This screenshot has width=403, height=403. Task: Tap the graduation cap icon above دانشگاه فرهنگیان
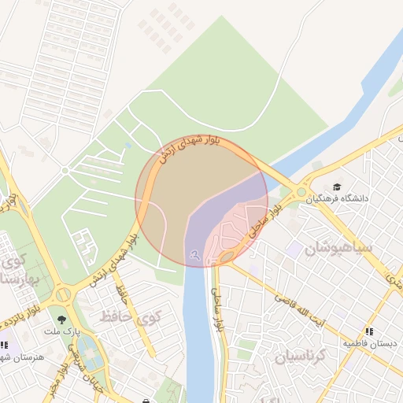(338, 187)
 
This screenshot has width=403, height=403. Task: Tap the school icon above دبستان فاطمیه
(370, 331)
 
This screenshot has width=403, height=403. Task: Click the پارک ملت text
(61, 333)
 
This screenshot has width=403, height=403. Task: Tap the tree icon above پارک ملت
(61, 320)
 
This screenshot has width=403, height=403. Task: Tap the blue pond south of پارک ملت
(90, 358)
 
